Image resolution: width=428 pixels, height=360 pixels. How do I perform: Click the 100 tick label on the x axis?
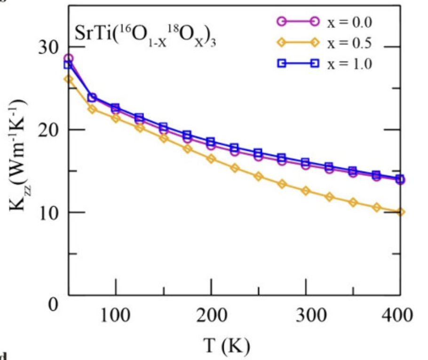pos(116,314)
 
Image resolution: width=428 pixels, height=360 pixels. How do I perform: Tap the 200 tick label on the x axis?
pos(211,314)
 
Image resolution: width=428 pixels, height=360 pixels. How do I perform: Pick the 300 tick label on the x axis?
pos(306,314)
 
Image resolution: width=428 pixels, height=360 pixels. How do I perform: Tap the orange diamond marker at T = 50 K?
pos(69,79)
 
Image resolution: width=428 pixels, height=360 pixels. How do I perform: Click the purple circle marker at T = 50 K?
pos(69,59)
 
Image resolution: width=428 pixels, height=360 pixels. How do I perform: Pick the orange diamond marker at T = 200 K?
pos(211,159)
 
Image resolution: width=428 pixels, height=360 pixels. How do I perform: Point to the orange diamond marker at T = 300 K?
pos(306,191)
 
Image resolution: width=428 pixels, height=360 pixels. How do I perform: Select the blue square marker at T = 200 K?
pos(211,141)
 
